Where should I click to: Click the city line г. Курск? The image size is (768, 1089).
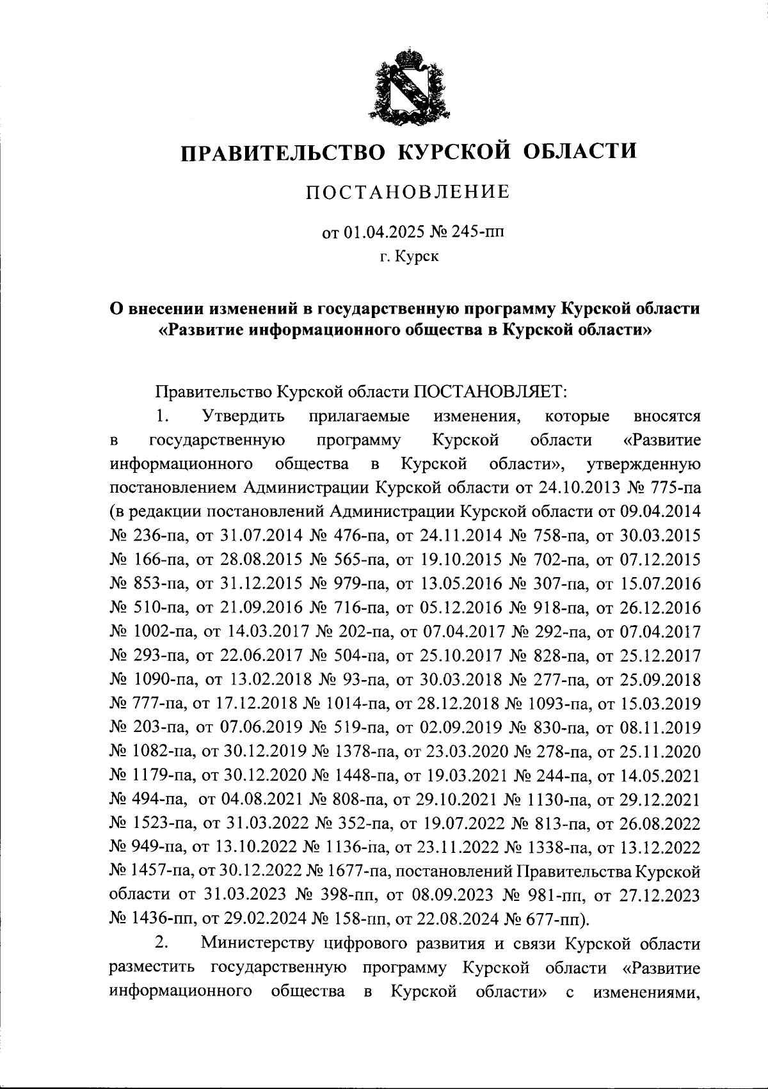click(x=408, y=257)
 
